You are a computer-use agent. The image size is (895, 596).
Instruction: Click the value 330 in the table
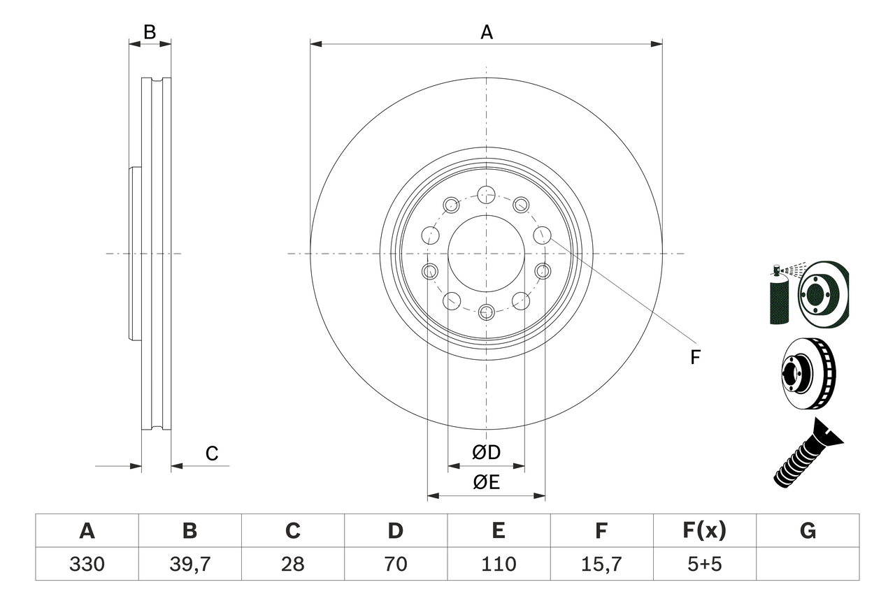click(87, 564)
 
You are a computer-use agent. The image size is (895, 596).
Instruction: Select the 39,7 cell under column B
click(189, 564)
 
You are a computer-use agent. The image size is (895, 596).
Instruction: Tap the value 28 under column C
click(292, 564)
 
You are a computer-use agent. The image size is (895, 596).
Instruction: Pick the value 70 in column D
click(395, 564)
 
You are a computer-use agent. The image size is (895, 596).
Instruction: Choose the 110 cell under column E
click(498, 564)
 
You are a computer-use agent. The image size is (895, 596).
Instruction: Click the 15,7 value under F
click(601, 564)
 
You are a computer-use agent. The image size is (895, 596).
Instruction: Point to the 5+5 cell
click(704, 564)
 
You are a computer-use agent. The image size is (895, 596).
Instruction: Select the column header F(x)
click(704, 531)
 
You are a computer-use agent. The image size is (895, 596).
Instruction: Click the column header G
click(808, 531)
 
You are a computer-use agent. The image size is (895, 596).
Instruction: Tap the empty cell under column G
click(808, 564)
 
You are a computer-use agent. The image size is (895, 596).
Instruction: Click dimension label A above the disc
click(486, 31)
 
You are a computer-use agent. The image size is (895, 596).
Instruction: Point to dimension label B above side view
click(149, 31)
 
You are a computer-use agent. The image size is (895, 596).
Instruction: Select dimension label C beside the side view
click(212, 453)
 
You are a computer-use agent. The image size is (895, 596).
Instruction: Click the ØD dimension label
click(486, 453)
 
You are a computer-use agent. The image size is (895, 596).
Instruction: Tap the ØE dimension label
click(486, 483)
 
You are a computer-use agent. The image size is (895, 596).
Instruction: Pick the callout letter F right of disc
click(694, 358)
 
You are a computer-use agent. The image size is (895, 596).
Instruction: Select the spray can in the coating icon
click(778, 297)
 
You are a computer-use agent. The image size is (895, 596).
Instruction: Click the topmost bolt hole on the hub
click(486, 194)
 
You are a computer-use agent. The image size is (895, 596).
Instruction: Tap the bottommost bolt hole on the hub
click(486, 312)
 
